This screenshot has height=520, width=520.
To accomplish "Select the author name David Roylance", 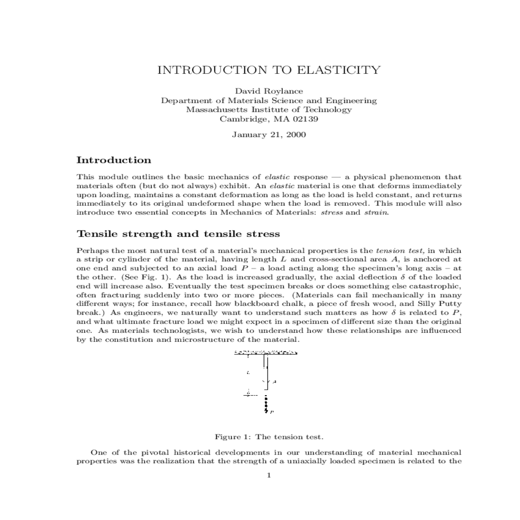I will pyautogui.click(x=269, y=91).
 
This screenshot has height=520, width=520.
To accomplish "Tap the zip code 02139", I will pyautogui.click(x=305, y=119).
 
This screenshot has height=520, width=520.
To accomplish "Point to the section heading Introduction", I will pyautogui.click(x=114, y=160).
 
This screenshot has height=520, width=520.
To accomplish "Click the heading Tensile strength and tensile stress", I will pyautogui.click(x=178, y=234).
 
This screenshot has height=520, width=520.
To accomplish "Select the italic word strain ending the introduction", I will pyautogui.click(x=375, y=213).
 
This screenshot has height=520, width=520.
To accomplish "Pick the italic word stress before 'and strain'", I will pyautogui.click(x=331, y=213).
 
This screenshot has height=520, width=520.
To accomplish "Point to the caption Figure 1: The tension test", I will pyautogui.click(x=269, y=437).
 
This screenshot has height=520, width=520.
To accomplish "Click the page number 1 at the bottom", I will pyautogui.click(x=269, y=475).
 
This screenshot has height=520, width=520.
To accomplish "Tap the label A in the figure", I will pyautogui.click(x=275, y=382).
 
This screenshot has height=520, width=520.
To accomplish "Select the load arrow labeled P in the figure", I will pyautogui.click(x=266, y=405).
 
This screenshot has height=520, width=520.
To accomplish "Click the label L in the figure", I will pyautogui.click(x=247, y=372).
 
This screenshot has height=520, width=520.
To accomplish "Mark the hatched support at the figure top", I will pyautogui.click(x=265, y=352).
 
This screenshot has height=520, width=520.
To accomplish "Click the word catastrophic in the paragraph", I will pyautogui.click(x=437, y=286).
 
